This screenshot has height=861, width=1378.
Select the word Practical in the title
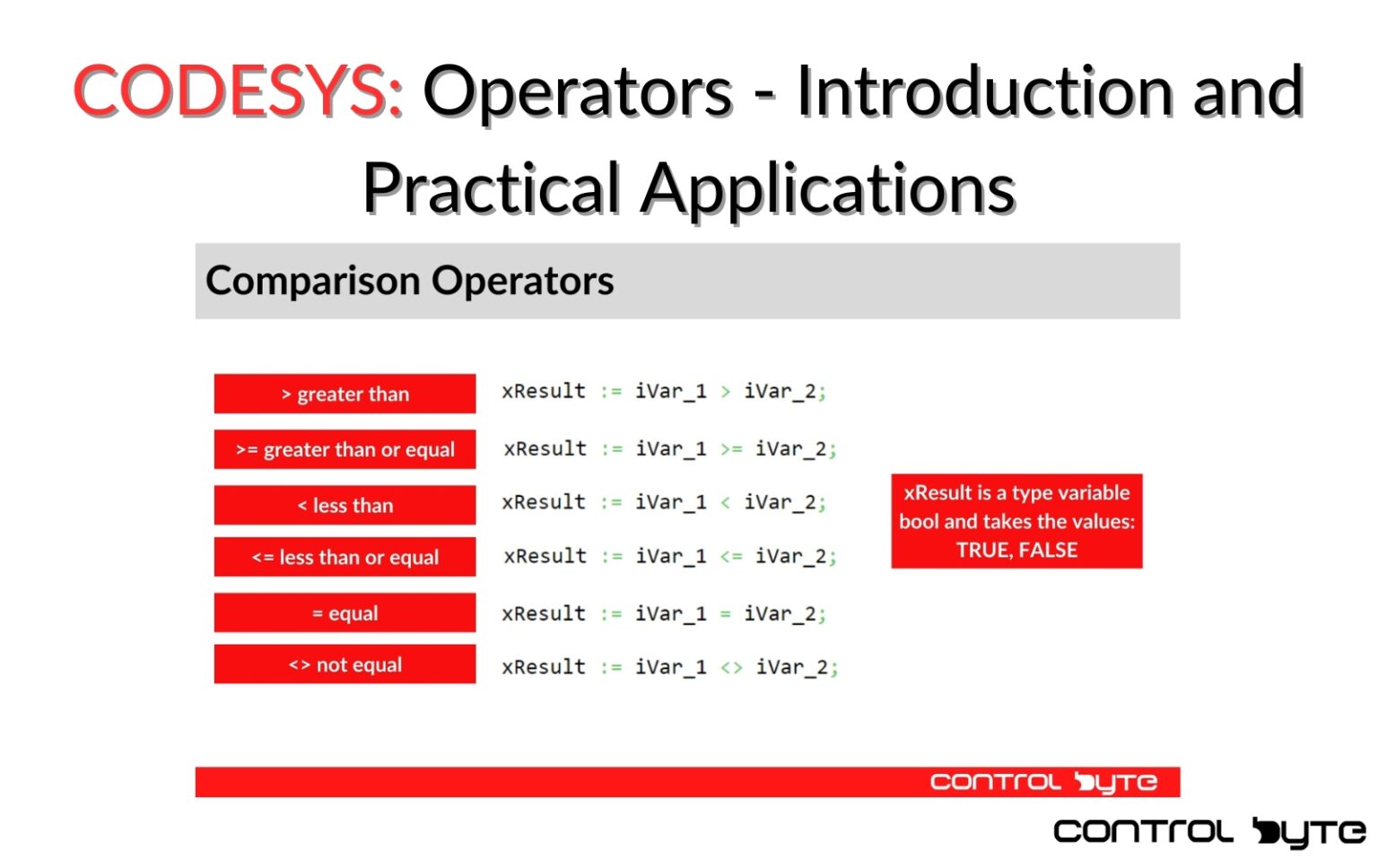point(491,188)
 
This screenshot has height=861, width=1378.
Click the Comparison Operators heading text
point(409,281)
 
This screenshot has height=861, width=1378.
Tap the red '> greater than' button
point(344,394)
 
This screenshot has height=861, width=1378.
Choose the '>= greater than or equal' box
point(344,449)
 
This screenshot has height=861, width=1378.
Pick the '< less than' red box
point(344,505)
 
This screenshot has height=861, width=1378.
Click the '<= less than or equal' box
point(344,557)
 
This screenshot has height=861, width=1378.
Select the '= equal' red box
point(344,613)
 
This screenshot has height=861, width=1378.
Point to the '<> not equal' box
point(344,665)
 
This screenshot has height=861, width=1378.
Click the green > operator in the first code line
point(725,392)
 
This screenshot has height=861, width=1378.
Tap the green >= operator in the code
point(731,449)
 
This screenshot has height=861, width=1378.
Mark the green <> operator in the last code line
point(731,667)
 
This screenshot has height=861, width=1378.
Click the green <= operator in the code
point(731,557)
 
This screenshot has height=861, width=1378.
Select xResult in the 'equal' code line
point(544,613)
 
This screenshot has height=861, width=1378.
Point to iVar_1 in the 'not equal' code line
point(671,667)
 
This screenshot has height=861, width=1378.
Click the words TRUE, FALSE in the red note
point(1016,550)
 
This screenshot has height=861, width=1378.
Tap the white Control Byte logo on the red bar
point(1043,782)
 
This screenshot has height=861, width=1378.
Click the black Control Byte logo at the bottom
point(1208,831)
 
